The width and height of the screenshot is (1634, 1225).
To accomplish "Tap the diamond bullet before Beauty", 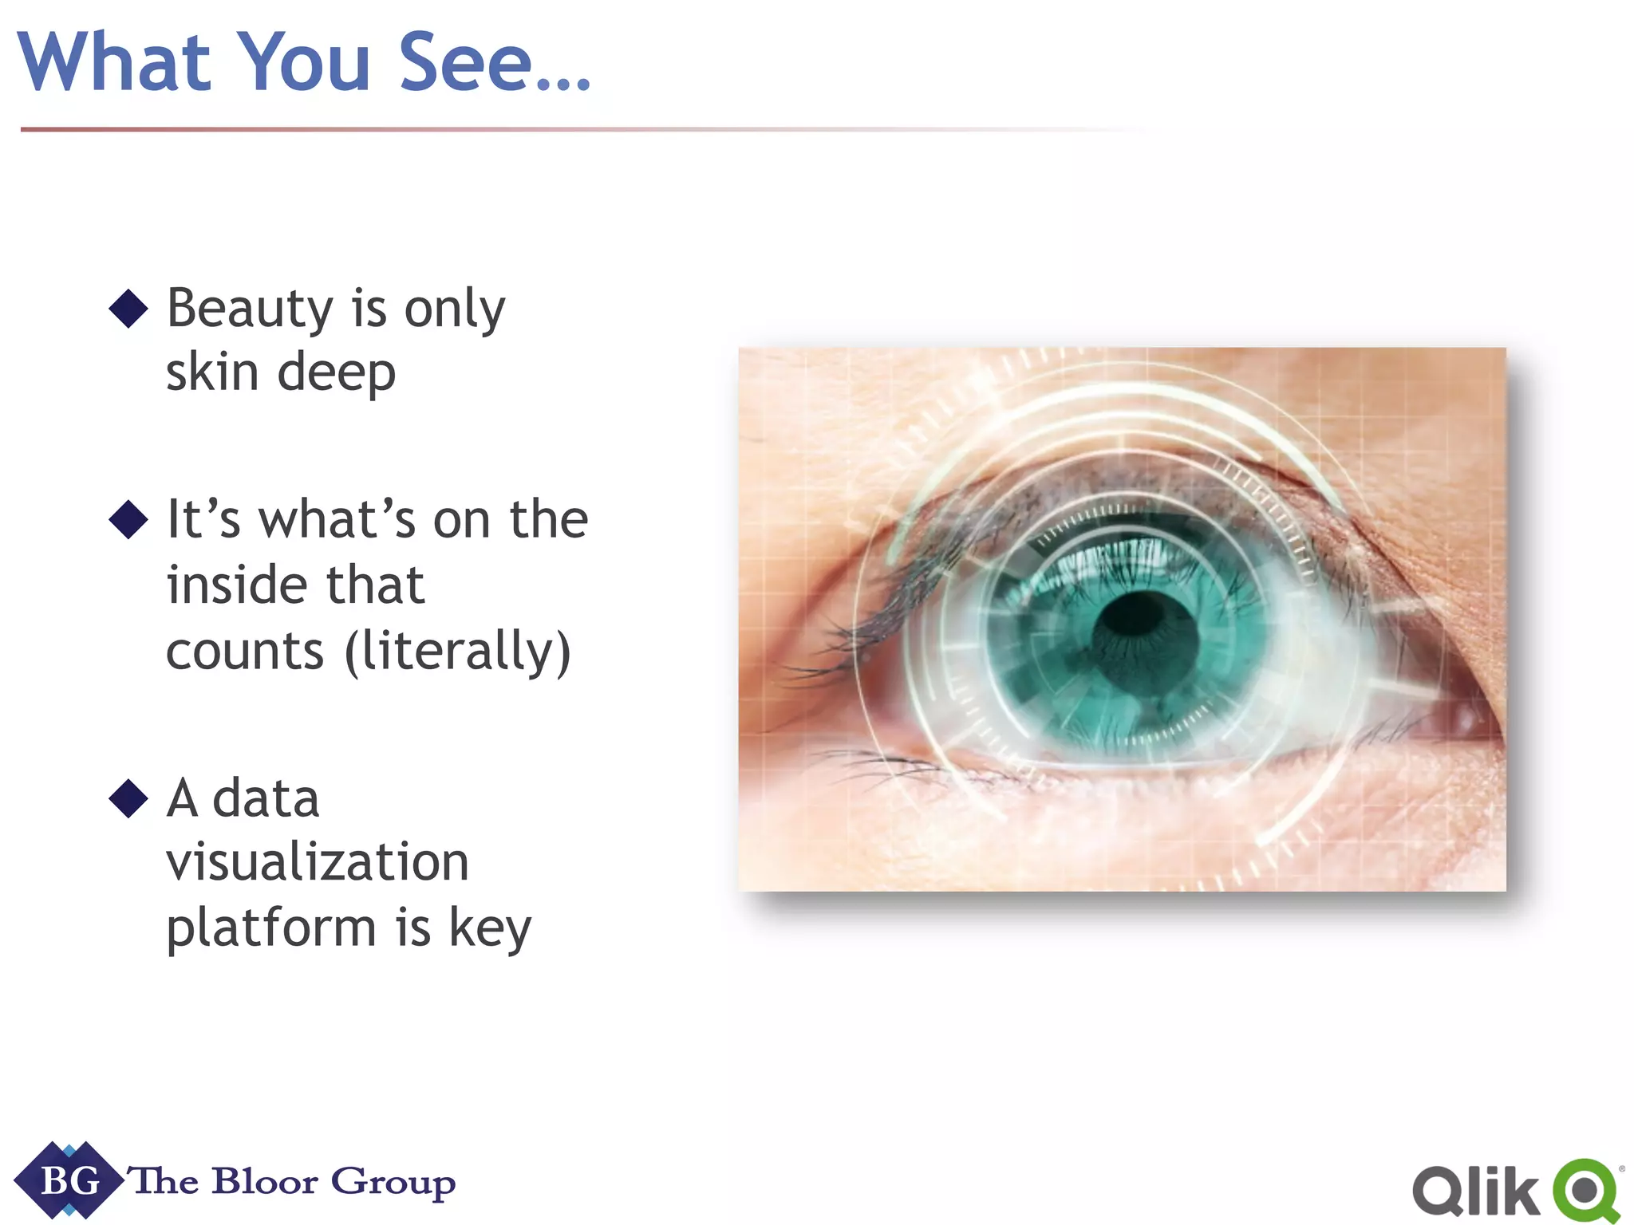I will (x=128, y=309).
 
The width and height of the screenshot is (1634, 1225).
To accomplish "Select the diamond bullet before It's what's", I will (x=128, y=520).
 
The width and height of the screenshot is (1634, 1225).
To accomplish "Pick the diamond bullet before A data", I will (x=128, y=798).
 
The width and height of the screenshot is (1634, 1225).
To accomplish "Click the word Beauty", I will (x=250, y=309).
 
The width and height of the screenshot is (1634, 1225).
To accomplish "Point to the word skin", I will (x=212, y=372).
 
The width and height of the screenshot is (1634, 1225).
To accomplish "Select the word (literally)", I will (x=458, y=651).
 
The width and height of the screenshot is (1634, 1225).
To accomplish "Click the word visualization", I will (x=318, y=862).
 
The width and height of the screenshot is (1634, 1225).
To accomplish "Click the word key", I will (x=490, y=928).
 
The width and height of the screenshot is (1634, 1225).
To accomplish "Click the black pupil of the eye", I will (x=1146, y=635).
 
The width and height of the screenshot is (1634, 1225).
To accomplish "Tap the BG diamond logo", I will (x=69, y=1181).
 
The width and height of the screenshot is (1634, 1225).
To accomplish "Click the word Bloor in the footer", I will (x=265, y=1181).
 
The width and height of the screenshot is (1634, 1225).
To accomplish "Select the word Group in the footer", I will (x=393, y=1183).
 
